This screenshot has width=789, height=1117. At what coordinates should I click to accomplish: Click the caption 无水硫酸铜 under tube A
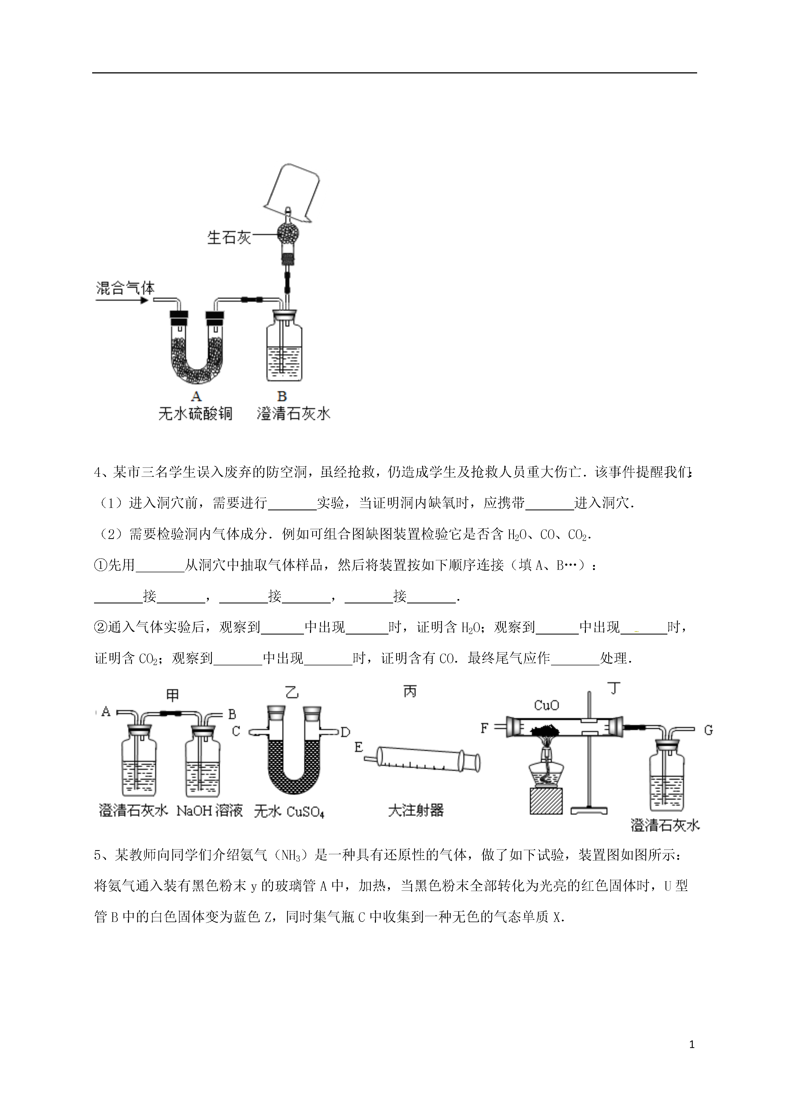[x=195, y=413]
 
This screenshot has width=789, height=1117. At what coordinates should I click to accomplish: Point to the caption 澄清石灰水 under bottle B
[x=294, y=413]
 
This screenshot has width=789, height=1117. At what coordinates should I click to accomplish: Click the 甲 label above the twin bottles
[x=173, y=695]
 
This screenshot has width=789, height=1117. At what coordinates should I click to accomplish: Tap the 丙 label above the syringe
[x=410, y=691]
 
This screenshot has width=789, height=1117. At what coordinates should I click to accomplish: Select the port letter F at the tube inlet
[x=484, y=728]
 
